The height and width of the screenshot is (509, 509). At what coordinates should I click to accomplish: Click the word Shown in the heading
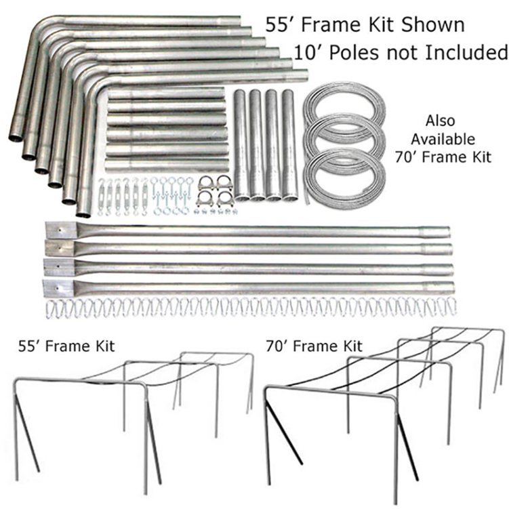pyautogui.click(x=430, y=25)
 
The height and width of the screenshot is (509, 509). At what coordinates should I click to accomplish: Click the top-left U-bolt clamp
pyautogui.click(x=205, y=183)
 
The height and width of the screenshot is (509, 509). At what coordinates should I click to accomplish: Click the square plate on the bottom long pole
pyautogui.click(x=56, y=287)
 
